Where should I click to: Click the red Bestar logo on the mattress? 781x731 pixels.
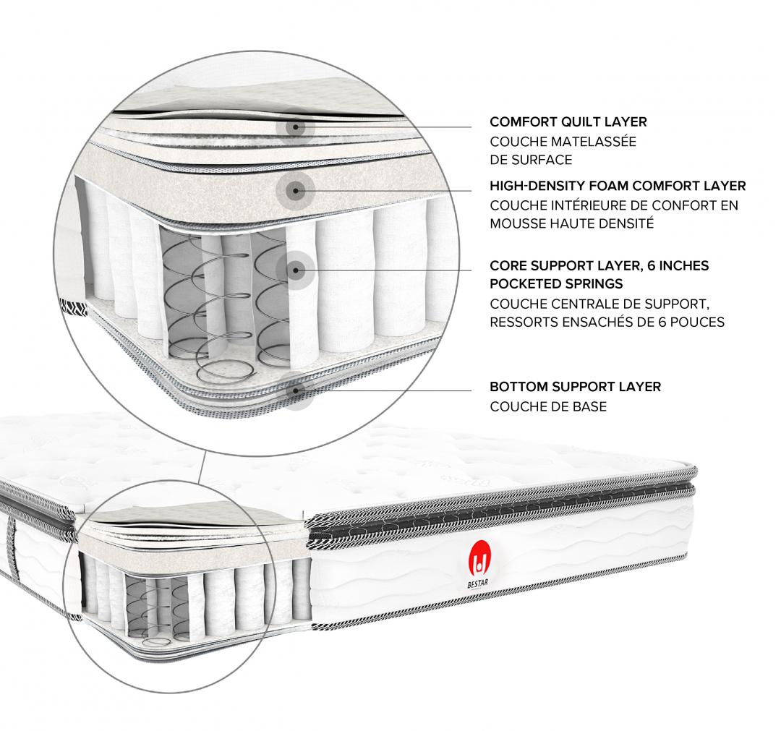tap(480, 557)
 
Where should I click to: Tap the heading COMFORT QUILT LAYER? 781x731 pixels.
tap(568, 122)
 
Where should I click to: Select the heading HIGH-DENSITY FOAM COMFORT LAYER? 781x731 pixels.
tap(618, 187)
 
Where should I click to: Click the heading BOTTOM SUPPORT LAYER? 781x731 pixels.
tap(576, 387)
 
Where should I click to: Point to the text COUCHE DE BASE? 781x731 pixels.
tap(548, 407)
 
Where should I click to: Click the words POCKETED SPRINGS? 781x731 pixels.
tap(556, 284)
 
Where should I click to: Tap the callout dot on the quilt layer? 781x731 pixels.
tap(295, 127)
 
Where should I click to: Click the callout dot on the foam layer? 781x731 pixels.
tap(295, 190)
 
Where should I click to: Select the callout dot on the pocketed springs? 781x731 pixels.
tap(295, 270)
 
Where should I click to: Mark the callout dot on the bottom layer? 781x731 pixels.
tap(295, 390)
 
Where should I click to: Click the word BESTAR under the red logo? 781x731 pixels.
tap(478, 583)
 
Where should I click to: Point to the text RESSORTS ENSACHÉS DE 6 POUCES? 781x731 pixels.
tap(607, 322)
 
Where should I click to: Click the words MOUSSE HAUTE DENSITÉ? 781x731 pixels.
tap(572, 223)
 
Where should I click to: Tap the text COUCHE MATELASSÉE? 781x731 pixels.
tap(563, 142)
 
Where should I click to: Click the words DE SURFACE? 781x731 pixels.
tap(531, 160)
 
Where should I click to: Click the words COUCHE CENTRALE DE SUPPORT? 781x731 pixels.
tap(599, 304)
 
